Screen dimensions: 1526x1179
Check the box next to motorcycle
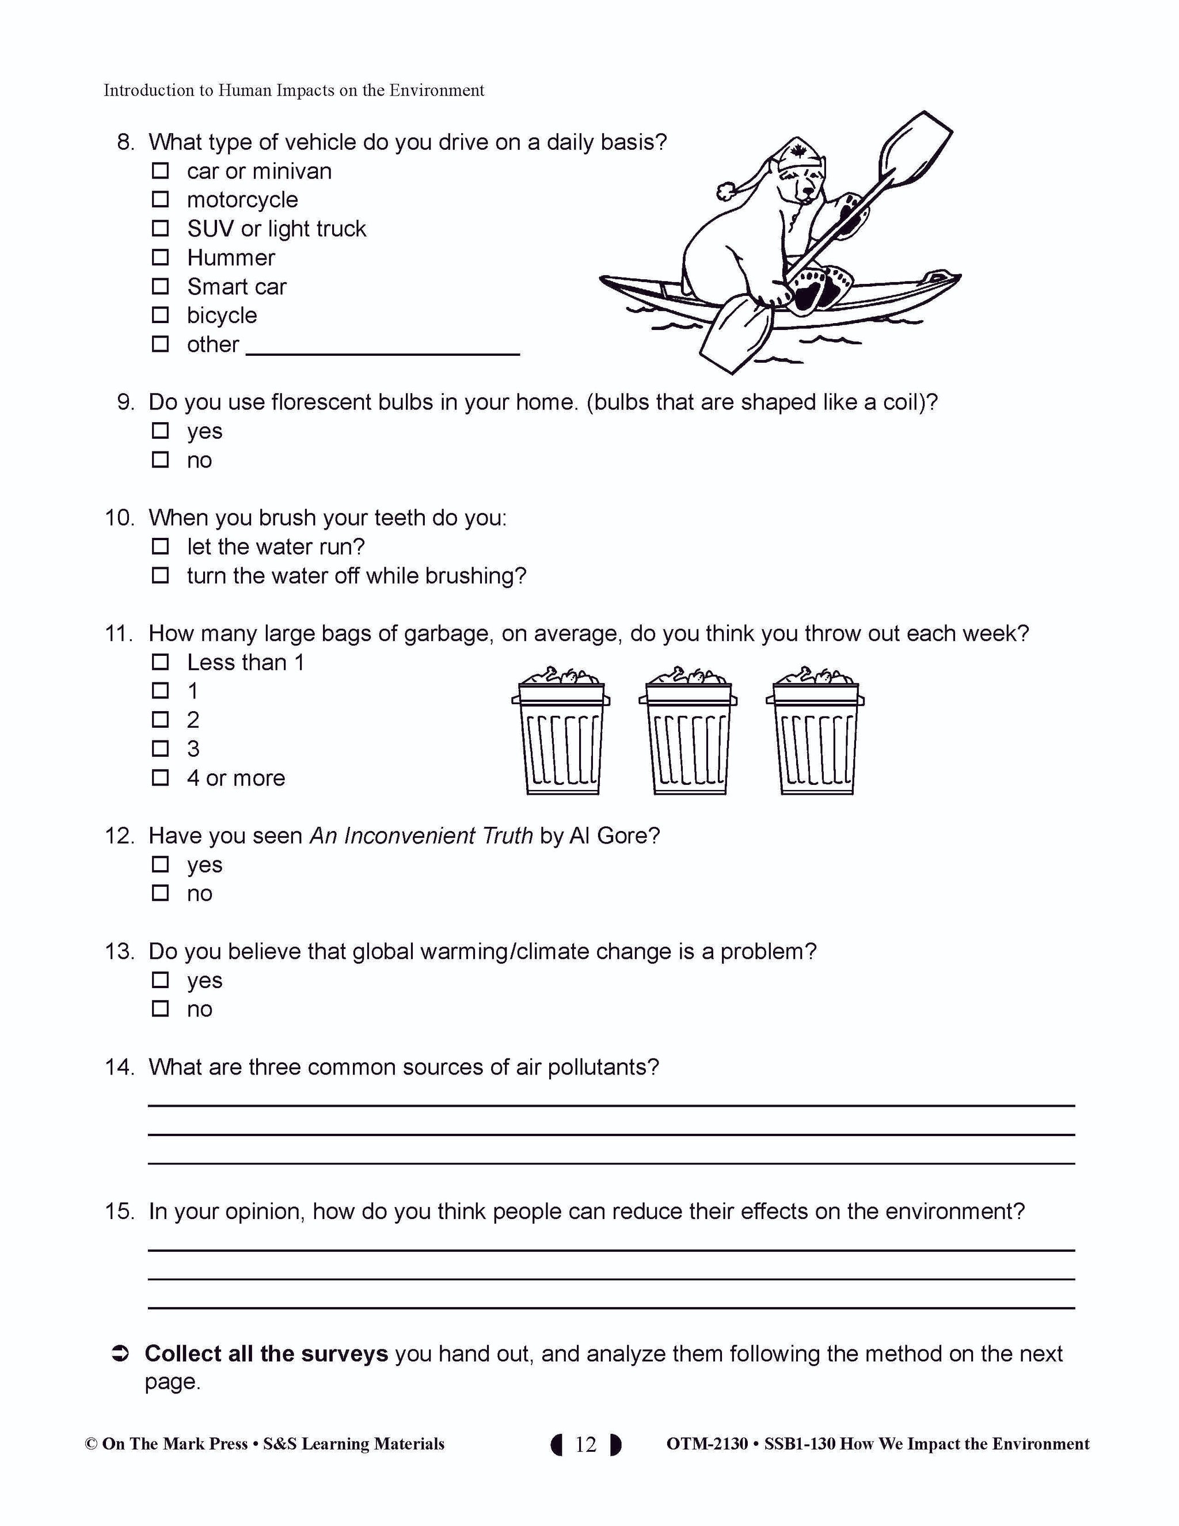pos(161,200)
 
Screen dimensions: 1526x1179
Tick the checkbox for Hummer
pos(161,258)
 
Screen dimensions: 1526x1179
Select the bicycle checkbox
pos(161,315)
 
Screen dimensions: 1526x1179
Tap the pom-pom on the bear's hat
pos(727,189)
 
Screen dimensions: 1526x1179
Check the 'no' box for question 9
pos(161,460)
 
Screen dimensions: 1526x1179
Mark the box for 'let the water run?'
pos(161,546)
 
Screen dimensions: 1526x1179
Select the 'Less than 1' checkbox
pos(161,662)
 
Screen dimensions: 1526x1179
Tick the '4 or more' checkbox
pos(161,777)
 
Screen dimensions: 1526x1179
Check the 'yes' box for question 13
pos(161,980)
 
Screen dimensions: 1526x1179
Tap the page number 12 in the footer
pos(585,1444)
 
